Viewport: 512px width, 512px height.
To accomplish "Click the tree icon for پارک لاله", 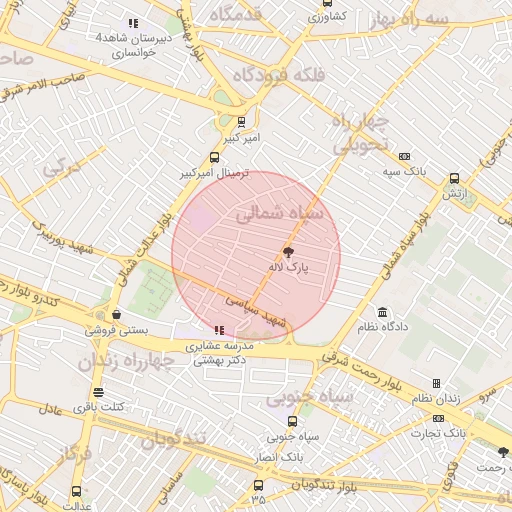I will point(290,253).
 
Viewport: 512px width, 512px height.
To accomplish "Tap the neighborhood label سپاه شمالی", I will point(281,213).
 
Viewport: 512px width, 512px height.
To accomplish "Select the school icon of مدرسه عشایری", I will point(219,330).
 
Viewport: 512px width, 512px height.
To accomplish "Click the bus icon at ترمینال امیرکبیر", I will point(214,157).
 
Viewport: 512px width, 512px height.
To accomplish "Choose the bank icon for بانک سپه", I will point(404,156).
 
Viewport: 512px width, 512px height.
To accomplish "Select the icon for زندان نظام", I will point(436,383).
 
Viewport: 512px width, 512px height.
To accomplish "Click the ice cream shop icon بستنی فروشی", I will point(116,314).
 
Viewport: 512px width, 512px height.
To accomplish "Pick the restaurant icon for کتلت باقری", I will point(97,392).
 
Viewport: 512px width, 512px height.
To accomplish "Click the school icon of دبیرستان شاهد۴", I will point(133,23).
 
